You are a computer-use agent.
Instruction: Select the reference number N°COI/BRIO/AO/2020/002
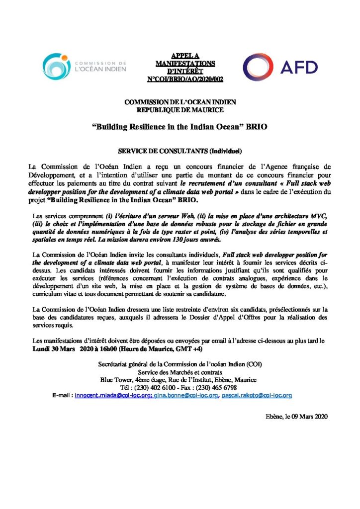coord(180,79)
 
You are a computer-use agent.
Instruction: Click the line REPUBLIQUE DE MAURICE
coord(180,109)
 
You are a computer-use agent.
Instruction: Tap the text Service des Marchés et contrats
coord(180,372)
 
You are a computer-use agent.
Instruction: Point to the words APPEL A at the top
coord(180,57)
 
